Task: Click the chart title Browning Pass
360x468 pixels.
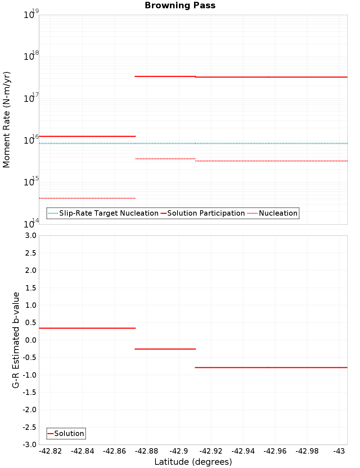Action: tap(180, 5)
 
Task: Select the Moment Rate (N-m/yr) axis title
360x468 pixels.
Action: tap(6, 120)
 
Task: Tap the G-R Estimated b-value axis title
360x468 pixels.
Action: tap(16, 340)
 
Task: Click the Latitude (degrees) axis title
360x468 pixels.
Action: tap(193, 462)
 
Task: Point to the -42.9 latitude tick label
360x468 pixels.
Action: tap(179, 451)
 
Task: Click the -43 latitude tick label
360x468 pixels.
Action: tap(339, 451)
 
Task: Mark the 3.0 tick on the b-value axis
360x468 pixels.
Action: tap(30, 235)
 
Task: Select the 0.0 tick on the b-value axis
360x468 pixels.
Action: tap(30, 340)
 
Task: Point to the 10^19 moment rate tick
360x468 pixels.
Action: tap(31, 15)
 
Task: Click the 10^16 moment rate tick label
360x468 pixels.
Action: tap(31, 140)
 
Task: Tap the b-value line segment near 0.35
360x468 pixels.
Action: tap(87, 328)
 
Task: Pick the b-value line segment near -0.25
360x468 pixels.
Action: tap(165, 349)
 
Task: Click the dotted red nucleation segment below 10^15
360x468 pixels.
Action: tap(87, 198)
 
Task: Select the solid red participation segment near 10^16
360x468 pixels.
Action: tap(87, 136)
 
